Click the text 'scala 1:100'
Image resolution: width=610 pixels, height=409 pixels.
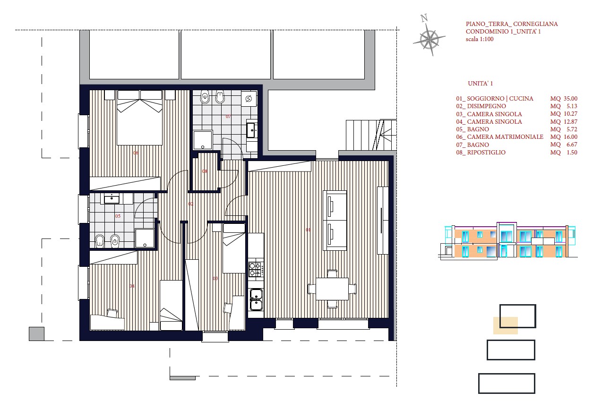pos(479,39)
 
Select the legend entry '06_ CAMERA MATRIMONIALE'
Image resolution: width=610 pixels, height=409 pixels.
pos(500,137)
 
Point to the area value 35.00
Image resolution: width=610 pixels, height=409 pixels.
pos(570,99)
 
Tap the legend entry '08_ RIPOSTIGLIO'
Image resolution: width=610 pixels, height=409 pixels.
pos(481,153)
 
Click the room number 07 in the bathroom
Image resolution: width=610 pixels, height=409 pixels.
pos(228,117)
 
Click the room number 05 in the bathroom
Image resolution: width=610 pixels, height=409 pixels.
pos(118,216)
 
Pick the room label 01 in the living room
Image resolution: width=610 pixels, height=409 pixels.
pos(308,230)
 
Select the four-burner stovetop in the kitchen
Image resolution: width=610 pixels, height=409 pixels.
pos(256,269)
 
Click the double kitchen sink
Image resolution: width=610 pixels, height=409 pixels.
pos(256,299)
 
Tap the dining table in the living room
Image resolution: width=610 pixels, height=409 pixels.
pos(332,289)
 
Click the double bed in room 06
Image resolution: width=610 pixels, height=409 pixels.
pos(140,118)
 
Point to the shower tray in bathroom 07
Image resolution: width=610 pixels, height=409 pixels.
pos(203,140)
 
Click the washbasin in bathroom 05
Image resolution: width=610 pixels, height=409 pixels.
pos(112,199)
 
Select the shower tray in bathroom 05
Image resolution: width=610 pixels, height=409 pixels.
pos(145,238)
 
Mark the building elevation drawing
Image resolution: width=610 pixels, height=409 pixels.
pos(508,240)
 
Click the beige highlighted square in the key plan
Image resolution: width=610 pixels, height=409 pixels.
pos(506,325)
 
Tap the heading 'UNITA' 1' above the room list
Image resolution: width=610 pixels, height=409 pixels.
pos(481,84)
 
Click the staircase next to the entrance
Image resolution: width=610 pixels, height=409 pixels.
pos(371,135)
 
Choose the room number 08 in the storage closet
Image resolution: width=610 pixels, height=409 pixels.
pos(205,171)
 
